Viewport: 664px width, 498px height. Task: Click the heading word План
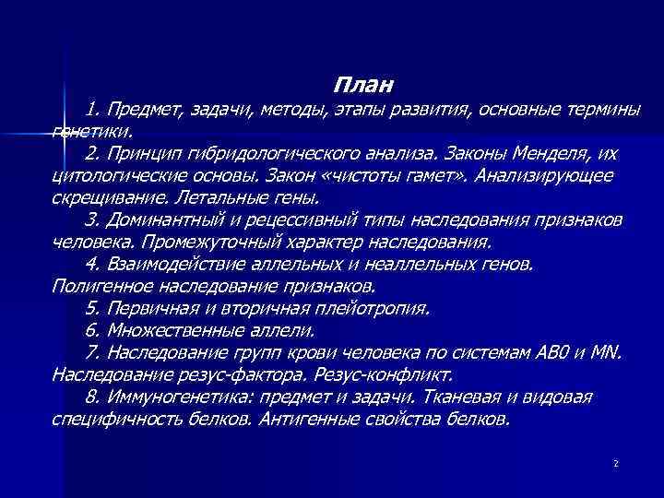(x=362, y=86)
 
